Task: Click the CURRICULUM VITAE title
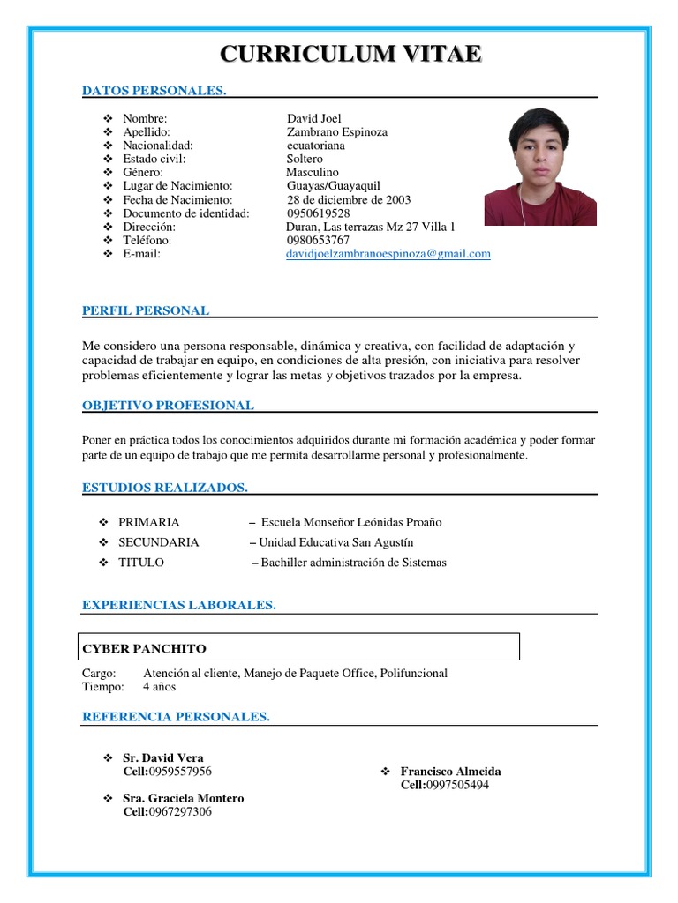click(350, 55)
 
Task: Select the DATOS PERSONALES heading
click(154, 90)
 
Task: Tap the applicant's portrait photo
click(540, 167)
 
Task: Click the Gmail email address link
click(388, 254)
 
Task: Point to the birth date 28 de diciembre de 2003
click(348, 199)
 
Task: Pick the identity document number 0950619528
click(318, 213)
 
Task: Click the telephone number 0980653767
click(318, 240)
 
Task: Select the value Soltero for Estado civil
click(305, 159)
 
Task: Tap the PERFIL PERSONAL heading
click(146, 310)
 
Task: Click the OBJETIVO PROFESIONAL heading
click(168, 406)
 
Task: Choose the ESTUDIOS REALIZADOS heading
click(164, 488)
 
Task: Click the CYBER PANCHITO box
click(299, 648)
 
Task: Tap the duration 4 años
click(160, 687)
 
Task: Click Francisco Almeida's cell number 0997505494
click(456, 785)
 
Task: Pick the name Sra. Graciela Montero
click(183, 798)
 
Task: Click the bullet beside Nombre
click(108, 118)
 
